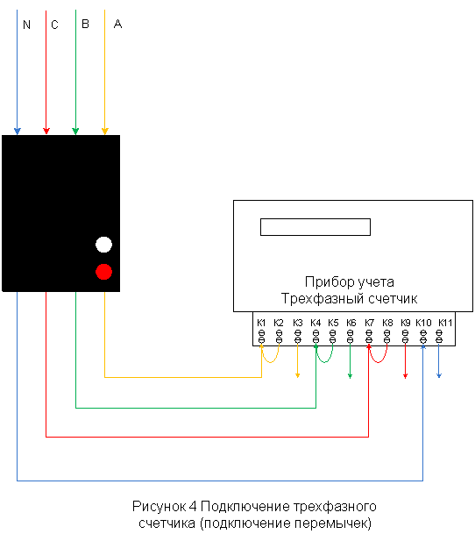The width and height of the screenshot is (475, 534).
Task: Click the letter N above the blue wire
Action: tap(26, 25)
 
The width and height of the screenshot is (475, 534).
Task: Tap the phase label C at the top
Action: tap(54, 25)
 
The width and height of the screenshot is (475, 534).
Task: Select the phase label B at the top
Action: tap(85, 24)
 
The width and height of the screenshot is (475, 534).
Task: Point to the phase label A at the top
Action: tap(117, 24)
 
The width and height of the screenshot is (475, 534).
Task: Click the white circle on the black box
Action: tap(104, 245)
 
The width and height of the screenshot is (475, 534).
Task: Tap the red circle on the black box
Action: tap(104, 272)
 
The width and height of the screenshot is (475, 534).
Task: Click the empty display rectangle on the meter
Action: tap(315, 227)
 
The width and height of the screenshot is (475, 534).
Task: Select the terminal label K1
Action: tap(261, 323)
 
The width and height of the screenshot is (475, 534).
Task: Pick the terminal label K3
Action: tap(298, 323)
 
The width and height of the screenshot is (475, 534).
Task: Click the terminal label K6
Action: tap(351, 323)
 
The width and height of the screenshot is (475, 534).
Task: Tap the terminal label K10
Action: tap(423, 323)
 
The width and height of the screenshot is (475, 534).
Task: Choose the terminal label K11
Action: tap(445, 323)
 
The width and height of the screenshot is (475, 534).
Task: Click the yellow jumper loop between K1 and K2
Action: tap(270, 362)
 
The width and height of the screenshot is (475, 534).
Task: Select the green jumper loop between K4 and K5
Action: tap(324, 362)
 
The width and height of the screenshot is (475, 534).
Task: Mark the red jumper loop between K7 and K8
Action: tap(378, 362)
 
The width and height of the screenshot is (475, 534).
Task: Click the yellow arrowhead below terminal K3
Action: tap(298, 375)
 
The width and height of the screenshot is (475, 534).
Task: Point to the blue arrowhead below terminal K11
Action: tap(439, 375)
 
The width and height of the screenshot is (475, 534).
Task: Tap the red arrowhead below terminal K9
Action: tap(405, 375)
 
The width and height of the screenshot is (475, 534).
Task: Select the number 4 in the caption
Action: tap(193, 507)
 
